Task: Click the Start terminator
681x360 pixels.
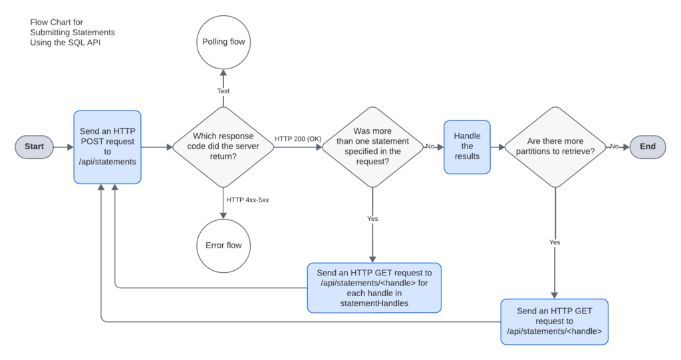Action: pyautogui.click(x=35, y=147)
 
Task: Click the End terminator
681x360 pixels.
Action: pyautogui.click(x=648, y=147)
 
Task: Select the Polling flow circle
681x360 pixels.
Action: pyautogui.click(x=223, y=42)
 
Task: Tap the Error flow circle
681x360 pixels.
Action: pyautogui.click(x=223, y=246)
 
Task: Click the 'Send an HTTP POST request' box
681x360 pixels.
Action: pyautogui.click(x=107, y=147)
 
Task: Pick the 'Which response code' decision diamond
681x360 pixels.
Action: pyautogui.click(x=223, y=147)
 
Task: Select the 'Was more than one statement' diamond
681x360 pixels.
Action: pyautogui.click(x=372, y=147)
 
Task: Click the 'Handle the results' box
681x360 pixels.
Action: pyautogui.click(x=467, y=147)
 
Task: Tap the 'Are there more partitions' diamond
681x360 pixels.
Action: pyautogui.click(x=555, y=147)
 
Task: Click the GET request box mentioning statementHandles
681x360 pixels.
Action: pyautogui.click(x=374, y=288)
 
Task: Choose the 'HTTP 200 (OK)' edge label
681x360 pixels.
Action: pyautogui.click(x=298, y=139)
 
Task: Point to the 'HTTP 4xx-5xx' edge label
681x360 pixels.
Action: pyautogui.click(x=247, y=200)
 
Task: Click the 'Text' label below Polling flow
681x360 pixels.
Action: pyautogui.click(x=223, y=91)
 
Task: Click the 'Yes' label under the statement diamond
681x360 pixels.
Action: pyautogui.click(x=372, y=219)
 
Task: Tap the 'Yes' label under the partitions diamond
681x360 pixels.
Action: pyautogui.click(x=555, y=242)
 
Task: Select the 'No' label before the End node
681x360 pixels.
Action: pyautogui.click(x=614, y=146)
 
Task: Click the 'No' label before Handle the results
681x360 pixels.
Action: pyautogui.click(x=430, y=146)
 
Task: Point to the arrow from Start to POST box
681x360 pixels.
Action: pyautogui.click(x=63, y=147)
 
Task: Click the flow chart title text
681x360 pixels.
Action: pyautogui.click(x=72, y=33)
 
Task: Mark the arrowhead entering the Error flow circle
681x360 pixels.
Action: pyautogui.click(x=223, y=216)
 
